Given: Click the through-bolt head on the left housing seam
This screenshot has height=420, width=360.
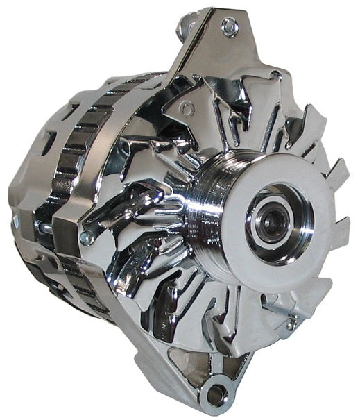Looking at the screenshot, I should [x=86, y=237].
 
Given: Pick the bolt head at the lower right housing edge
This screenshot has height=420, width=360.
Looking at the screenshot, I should [x=292, y=322].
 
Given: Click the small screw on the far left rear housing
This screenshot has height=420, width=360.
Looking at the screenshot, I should [x=15, y=222].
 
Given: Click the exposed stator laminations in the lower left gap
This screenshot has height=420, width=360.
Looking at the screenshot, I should [x=76, y=278].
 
